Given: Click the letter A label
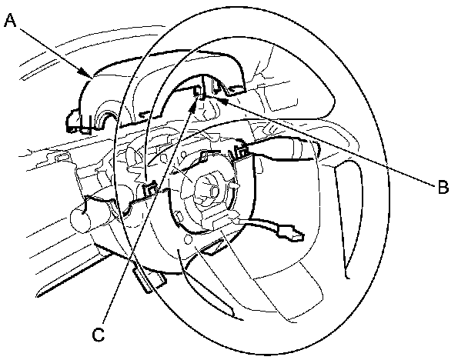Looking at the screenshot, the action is [10, 21].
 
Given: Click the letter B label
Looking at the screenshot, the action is [441, 186].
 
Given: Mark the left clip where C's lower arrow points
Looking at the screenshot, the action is [152, 187].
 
